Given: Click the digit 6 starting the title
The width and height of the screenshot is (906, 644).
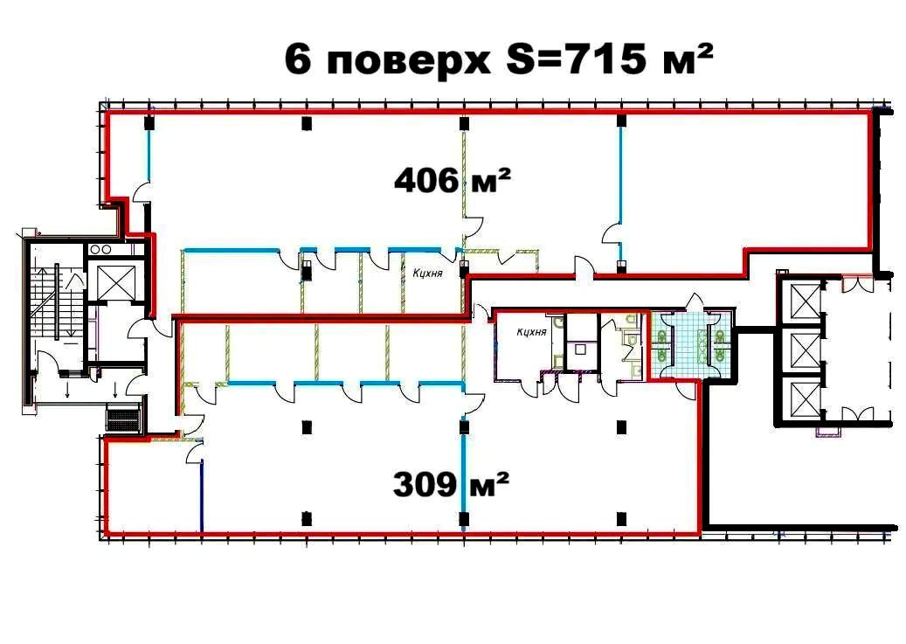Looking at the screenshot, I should coord(299,61).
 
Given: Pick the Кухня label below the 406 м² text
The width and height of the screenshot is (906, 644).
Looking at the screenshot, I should coord(426,272).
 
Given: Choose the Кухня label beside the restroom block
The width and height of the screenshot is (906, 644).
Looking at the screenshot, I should coord(531,331).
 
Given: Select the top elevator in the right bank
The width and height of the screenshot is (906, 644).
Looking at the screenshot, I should coord(804,301).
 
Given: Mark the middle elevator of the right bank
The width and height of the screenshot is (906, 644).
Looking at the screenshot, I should coord(804,350).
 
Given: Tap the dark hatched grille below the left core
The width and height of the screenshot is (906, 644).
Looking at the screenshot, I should coord(123,418).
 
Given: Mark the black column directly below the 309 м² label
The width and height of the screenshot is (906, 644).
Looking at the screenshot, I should coord(463,520).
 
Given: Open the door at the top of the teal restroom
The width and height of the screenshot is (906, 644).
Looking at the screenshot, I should coord(694,302).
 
